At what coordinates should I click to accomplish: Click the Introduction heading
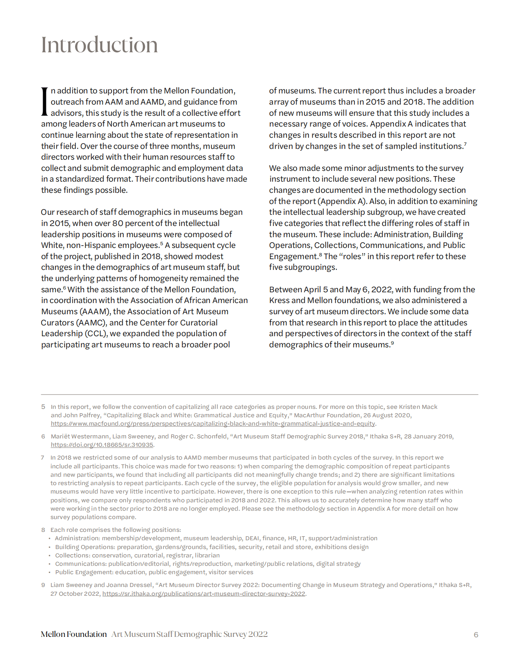(x=99, y=45)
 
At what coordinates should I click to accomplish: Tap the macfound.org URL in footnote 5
(x=213, y=424)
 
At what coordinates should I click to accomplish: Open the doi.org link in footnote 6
(x=102, y=445)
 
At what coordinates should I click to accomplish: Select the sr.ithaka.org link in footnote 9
(x=204, y=594)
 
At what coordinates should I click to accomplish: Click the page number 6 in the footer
(x=476, y=635)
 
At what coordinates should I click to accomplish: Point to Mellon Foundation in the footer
(x=74, y=634)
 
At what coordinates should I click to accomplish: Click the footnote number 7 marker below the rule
(x=42, y=458)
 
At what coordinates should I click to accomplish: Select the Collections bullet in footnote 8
(x=137, y=555)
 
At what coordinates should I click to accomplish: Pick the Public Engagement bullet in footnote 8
(x=154, y=572)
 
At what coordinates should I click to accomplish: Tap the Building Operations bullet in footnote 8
(x=212, y=547)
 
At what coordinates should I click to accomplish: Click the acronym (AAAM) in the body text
(x=95, y=311)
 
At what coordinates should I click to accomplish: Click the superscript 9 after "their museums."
(x=392, y=343)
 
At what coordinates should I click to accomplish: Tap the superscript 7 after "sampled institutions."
(x=465, y=144)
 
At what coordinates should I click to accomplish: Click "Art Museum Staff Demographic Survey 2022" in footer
(x=190, y=634)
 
